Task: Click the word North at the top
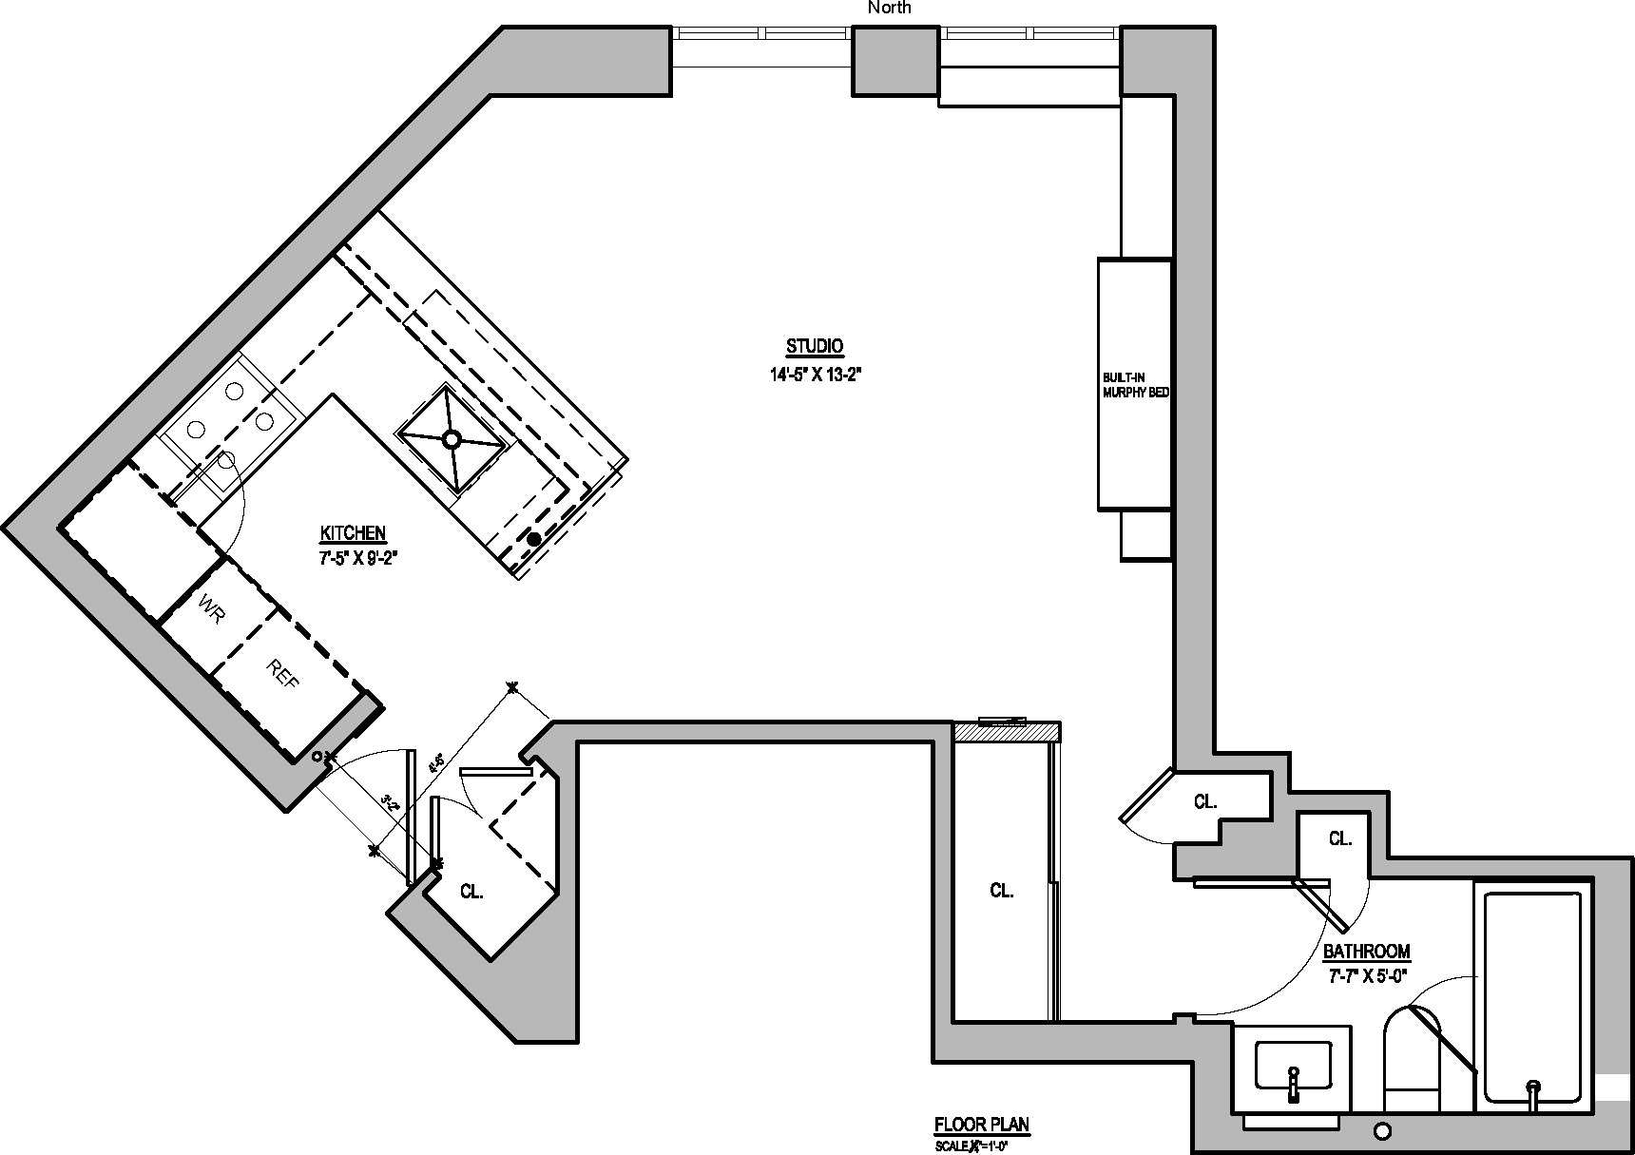click(890, 8)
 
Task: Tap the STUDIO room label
click(815, 346)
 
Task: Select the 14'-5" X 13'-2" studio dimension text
click(815, 375)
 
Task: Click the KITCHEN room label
click(353, 532)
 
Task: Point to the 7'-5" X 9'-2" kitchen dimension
click(356, 559)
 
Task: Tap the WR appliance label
click(212, 609)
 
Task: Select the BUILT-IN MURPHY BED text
click(1135, 384)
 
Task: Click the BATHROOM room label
click(1366, 952)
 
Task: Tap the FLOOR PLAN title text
click(981, 1125)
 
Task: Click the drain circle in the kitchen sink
click(452, 438)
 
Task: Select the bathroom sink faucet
click(1293, 1084)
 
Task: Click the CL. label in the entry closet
click(471, 892)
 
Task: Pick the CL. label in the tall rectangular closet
click(1002, 891)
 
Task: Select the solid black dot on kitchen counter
click(533, 539)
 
